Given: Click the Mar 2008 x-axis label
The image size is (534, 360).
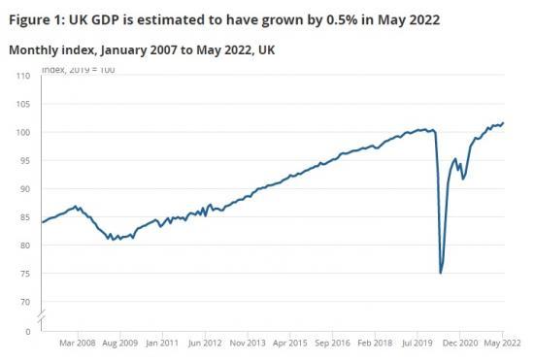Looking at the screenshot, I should pyautogui.click(x=78, y=343).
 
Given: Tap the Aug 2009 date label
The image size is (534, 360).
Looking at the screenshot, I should pyautogui.click(x=123, y=343).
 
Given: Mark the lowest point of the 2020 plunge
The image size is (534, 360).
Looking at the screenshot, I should pyautogui.click(x=441, y=273).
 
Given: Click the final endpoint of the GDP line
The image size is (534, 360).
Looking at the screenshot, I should pyautogui.click(x=503, y=122).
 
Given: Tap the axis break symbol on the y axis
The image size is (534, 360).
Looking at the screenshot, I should pyautogui.click(x=39, y=317).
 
